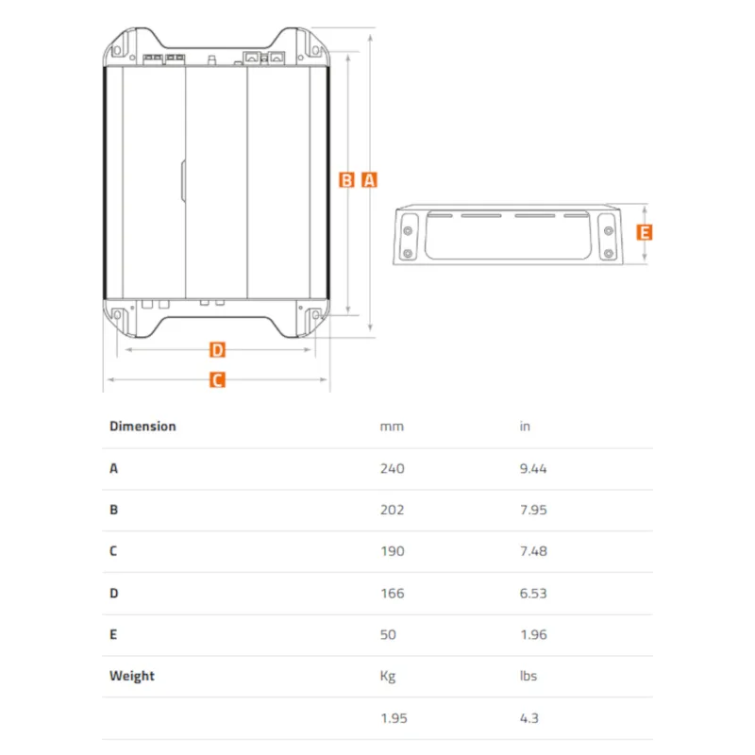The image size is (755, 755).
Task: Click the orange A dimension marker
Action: pos(369,180)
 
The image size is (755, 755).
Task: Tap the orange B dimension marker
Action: pos(346,180)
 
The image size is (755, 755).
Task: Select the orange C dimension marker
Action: pos(217,380)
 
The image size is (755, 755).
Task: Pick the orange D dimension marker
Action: pos(217,349)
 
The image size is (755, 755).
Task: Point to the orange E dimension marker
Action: pos(645,232)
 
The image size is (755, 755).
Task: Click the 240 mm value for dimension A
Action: pos(392,468)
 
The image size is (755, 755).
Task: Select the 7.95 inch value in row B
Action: pos(533,510)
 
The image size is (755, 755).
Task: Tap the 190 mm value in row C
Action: pos(393,551)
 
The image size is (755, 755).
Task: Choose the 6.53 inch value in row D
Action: pos(533,594)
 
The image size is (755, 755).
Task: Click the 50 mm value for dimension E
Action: pos(388,634)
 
